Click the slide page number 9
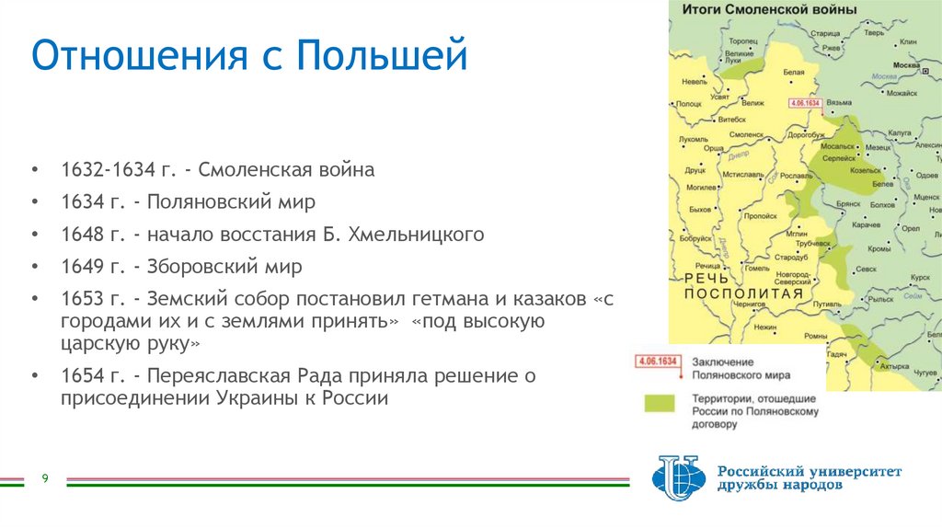43,478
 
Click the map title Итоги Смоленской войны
769,9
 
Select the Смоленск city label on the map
747,135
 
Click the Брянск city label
846,203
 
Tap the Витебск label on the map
729,120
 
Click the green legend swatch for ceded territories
659,404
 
